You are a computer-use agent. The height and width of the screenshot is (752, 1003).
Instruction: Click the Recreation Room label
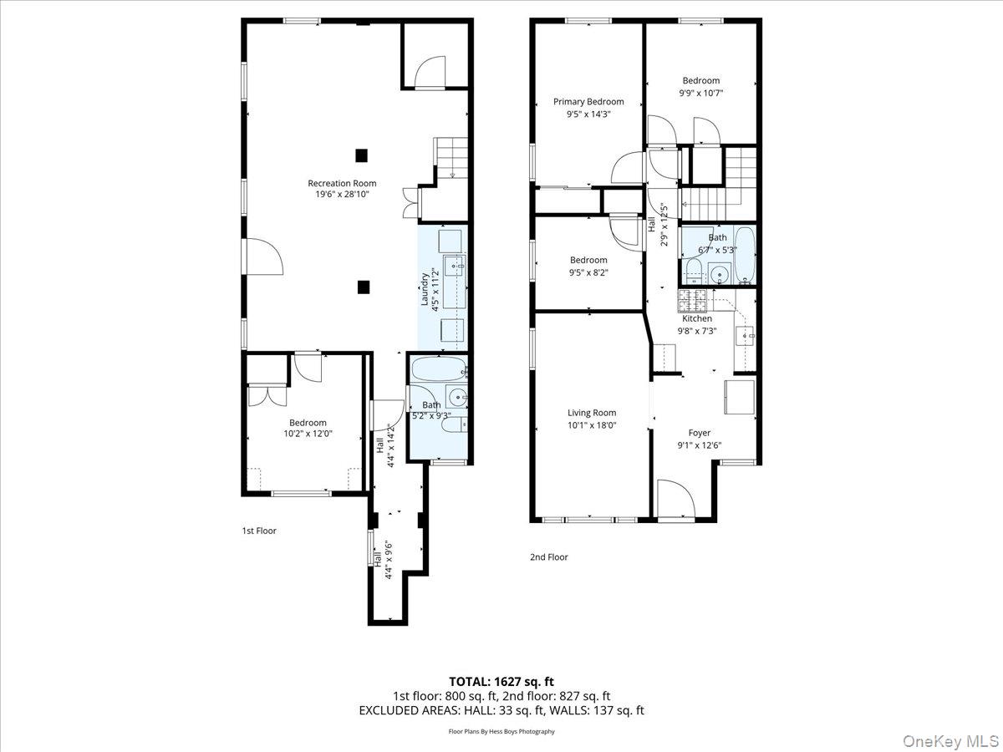pyautogui.click(x=342, y=183)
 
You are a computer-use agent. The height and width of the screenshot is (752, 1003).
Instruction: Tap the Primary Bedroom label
pyautogui.click(x=588, y=102)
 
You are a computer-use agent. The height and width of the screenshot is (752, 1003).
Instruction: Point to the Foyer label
pyautogui.click(x=699, y=433)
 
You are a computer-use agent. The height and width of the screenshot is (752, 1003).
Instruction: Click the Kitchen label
pyautogui.click(x=697, y=318)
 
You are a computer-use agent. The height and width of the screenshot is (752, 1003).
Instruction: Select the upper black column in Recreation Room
pyautogui.click(x=361, y=155)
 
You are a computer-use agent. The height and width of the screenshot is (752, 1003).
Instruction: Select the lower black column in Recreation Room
pyautogui.click(x=363, y=287)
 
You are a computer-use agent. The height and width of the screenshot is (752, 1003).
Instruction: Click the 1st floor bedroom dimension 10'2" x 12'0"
pyautogui.click(x=308, y=434)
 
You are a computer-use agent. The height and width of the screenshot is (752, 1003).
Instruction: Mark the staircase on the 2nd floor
pyautogui.click(x=720, y=184)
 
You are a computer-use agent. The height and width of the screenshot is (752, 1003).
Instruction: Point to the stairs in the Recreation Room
pyautogui.click(x=452, y=157)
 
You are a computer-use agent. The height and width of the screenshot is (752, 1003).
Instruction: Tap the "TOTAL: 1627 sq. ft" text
pyautogui.click(x=501, y=681)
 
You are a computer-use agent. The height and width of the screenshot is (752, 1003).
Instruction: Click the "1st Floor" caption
pyautogui.click(x=259, y=531)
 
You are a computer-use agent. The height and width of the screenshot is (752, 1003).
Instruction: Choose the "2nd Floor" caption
pyautogui.click(x=549, y=557)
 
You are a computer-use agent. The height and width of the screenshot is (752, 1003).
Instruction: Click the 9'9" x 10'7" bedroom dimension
pyautogui.click(x=700, y=93)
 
